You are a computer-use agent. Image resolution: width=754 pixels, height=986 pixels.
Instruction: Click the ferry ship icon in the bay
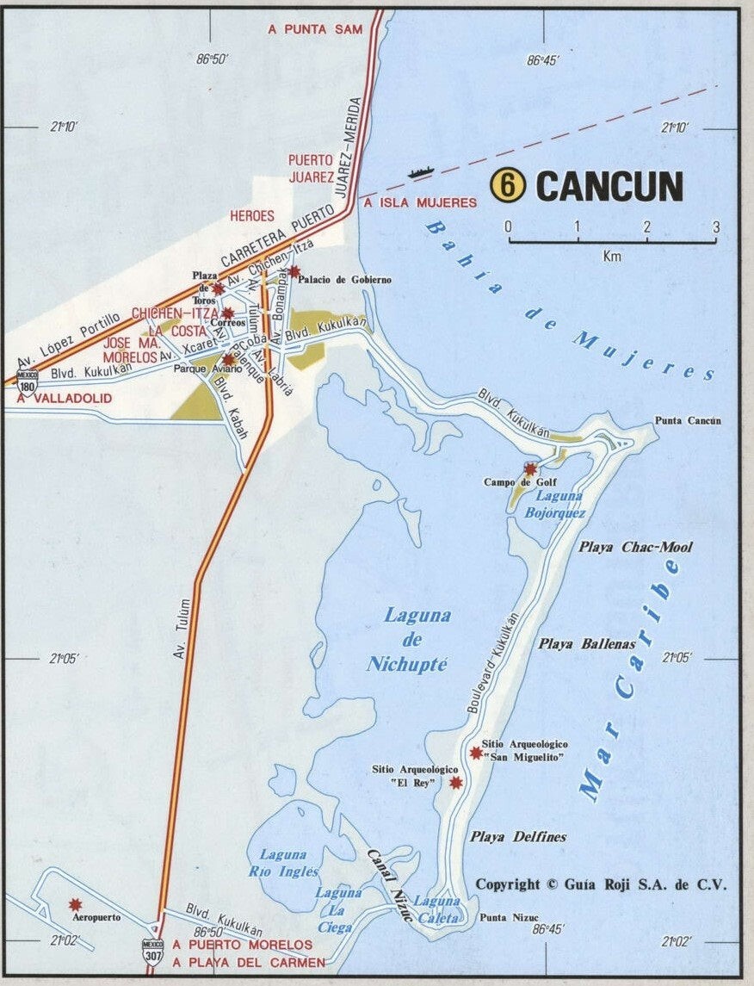419,172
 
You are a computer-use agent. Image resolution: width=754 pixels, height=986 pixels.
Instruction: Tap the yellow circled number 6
508,185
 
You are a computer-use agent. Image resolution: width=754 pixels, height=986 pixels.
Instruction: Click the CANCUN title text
610,186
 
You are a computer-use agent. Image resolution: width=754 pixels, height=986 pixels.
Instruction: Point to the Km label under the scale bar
612,256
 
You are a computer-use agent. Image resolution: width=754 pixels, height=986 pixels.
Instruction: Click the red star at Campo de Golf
530,469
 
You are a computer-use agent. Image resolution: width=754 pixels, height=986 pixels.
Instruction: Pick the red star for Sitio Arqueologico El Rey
456,782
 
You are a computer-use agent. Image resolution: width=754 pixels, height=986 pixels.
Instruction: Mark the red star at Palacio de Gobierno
294,271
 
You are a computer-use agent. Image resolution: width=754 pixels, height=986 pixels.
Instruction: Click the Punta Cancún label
688,420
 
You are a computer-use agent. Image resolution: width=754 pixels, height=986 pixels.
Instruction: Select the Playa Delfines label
518,836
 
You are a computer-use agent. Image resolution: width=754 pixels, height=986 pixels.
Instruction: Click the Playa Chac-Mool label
635,547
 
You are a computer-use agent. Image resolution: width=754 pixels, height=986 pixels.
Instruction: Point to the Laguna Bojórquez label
559,505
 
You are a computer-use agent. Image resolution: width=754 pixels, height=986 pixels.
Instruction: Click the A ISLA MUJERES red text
419,202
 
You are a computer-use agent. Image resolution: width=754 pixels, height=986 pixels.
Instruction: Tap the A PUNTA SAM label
315,28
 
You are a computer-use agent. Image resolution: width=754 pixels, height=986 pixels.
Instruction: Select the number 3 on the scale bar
715,226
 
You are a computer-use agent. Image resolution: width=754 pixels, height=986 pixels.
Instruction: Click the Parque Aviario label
203,369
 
